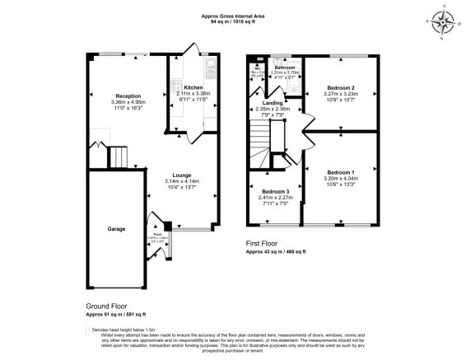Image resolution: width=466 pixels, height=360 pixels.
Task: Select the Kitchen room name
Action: [193, 87]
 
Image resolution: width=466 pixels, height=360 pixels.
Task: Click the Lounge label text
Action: [177, 175]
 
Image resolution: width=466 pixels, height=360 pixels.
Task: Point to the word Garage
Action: [114, 228]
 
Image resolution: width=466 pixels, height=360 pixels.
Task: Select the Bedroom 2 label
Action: [340, 87]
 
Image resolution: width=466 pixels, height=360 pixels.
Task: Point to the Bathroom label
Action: [283, 68]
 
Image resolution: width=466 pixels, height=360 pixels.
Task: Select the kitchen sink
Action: [212, 67]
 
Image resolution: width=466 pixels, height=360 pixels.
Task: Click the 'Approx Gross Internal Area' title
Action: [232, 16]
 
